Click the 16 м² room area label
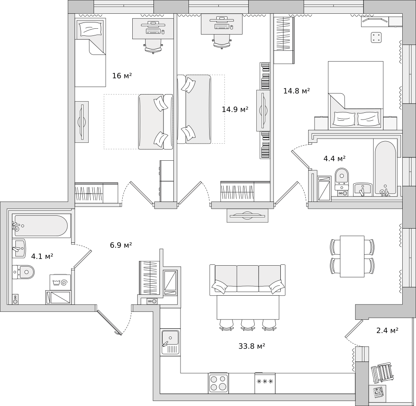[x=122, y=76]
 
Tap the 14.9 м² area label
[x=235, y=110]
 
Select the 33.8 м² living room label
[x=252, y=346]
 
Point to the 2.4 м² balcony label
[x=387, y=331]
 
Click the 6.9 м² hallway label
[x=121, y=245]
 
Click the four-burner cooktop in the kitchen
[x=218, y=383]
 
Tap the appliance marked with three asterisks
[x=265, y=382]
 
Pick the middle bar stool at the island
[x=247, y=325]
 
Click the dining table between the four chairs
[x=352, y=256]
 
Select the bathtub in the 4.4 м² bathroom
[x=385, y=168]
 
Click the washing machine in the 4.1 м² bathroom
[x=60, y=283]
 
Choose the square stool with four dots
[x=376, y=37]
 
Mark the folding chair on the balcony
[x=382, y=372]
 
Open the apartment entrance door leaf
[x=109, y=322]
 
